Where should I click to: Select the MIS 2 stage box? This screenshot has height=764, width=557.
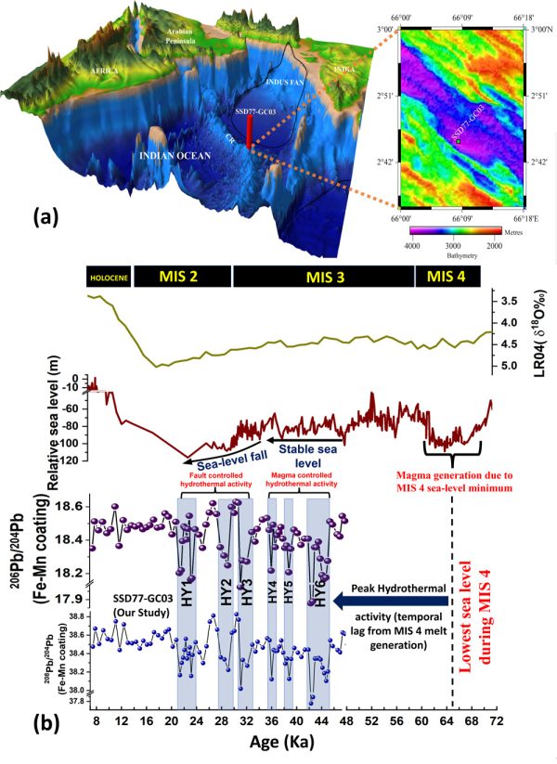pos(182,275)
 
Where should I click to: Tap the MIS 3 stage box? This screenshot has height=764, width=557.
pos(322,275)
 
